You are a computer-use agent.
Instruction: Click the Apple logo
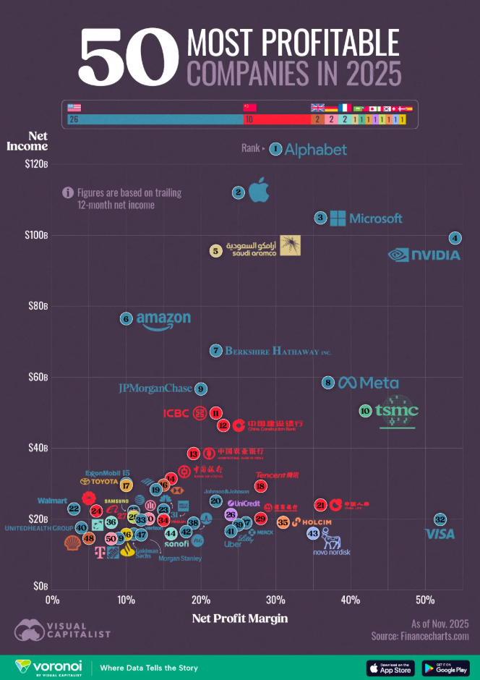(259, 192)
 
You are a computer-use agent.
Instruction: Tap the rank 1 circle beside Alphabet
(275, 149)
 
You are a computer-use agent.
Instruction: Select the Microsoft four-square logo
(337, 218)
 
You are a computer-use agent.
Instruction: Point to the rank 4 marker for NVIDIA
(455, 239)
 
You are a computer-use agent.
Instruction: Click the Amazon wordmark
(163, 320)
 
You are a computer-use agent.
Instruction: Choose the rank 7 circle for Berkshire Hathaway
(215, 351)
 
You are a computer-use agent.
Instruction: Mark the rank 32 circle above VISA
(440, 519)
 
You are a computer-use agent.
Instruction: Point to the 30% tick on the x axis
(275, 600)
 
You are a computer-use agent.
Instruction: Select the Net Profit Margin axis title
(239, 619)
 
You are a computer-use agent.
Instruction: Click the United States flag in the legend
(74, 107)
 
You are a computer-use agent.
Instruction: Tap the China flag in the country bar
(249, 108)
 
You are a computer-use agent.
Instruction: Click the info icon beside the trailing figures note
(68, 193)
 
